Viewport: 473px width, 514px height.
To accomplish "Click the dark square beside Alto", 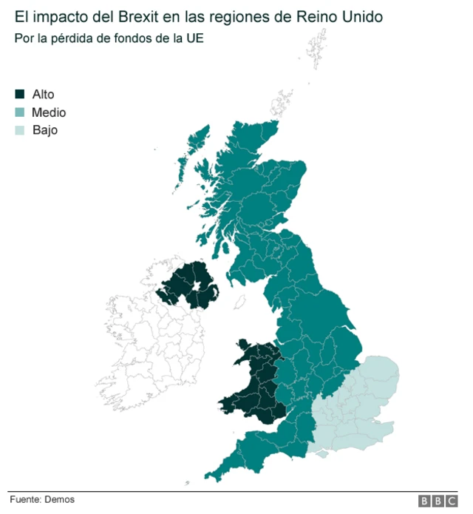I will (x=20, y=94).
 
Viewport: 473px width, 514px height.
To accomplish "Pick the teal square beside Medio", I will (x=20, y=112).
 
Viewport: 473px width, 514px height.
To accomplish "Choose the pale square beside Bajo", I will (x=20, y=131).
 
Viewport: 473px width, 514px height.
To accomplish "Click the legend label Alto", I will (x=44, y=94).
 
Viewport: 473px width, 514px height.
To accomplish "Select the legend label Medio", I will (x=49, y=112).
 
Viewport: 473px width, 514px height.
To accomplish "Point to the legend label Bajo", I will (x=45, y=131).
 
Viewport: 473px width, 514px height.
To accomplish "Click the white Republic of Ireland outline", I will (x=148, y=348).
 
